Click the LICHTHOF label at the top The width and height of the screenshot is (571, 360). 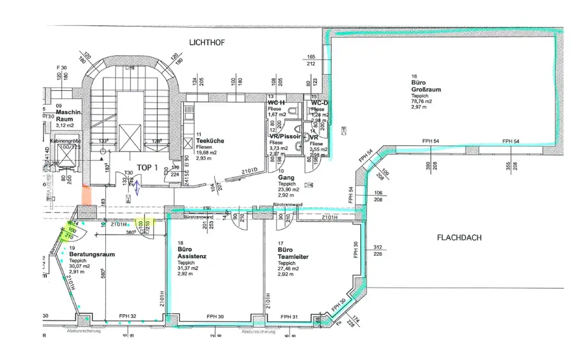[207, 42]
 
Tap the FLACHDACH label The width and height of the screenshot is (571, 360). [459, 238]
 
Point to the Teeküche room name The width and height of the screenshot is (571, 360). [210, 141]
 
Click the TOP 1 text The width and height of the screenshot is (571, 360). [148, 167]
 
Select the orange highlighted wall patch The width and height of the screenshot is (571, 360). [87, 196]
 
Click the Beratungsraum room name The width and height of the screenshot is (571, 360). [92, 254]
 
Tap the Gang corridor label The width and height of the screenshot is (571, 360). [286, 178]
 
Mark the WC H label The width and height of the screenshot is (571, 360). [276, 103]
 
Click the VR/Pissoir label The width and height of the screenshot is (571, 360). [285, 136]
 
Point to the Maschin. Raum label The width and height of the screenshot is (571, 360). [69, 115]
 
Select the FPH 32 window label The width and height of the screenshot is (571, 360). [128, 317]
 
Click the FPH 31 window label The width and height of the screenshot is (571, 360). [289, 317]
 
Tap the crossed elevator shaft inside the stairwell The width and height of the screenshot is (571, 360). [134, 135]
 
